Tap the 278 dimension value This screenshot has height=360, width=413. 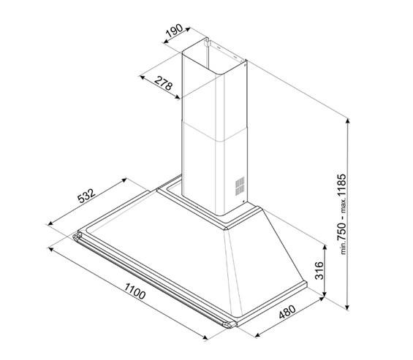point(163,85)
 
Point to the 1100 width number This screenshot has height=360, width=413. point(132,294)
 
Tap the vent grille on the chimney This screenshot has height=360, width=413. point(239,184)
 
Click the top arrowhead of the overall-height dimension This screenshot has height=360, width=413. point(347,118)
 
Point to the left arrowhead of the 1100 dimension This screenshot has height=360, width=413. point(49,247)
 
